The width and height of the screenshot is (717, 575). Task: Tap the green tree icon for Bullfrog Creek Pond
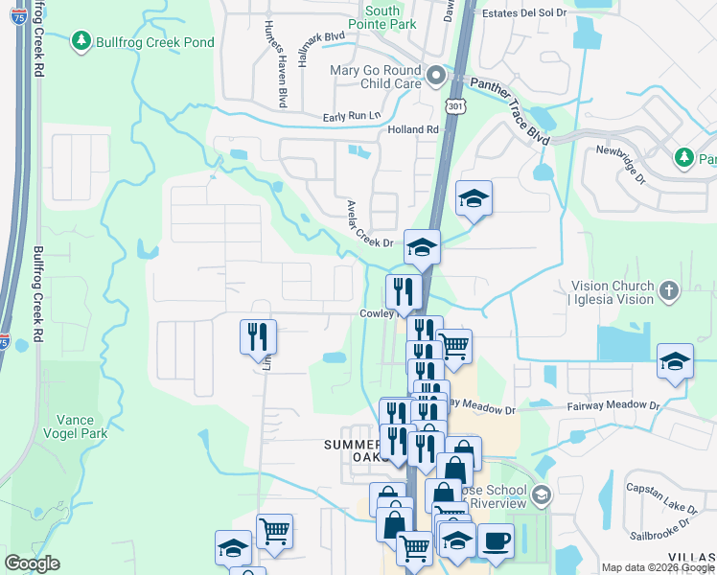(x=81, y=40)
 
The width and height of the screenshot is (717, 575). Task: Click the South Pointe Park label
(x=382, y=18)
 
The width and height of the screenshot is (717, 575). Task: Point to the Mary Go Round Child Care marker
(x=436, y=74)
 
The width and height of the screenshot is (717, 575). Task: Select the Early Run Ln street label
(x=346, y=116)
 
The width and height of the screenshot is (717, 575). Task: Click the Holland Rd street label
(x=412, y=129)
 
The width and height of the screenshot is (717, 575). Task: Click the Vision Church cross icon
(x=669, y=289)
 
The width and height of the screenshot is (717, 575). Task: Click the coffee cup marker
(x=496, y=540)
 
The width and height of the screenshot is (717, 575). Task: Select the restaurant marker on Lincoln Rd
(x=257, y=336)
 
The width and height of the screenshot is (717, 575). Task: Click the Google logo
(x=32, y=563)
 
